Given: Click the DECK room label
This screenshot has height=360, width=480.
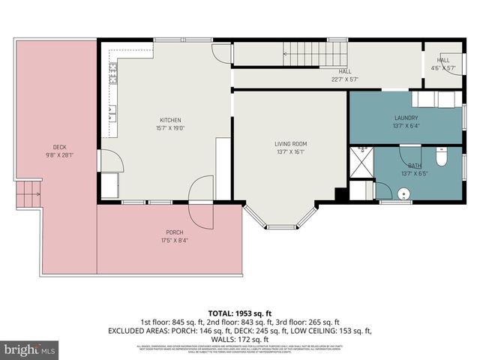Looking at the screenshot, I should click(x=59, y=151).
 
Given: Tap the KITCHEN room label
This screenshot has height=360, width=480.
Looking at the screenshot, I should click(x=170, y=124).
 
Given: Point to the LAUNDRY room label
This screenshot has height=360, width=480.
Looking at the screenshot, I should click(x=406, y=122).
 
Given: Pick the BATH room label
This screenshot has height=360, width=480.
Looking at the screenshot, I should click(x=415, y=169).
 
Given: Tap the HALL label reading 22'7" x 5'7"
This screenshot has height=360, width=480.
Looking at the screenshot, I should click(x=345, y=76).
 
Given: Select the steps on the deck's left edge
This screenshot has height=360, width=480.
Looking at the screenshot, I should click(x=28, y=196).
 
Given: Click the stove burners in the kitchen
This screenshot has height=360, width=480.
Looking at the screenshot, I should click(x=113, y=73).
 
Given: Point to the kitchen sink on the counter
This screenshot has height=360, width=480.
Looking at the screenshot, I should click(x=112, y=113).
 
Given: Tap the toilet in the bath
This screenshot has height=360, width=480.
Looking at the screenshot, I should click(x=442, y=158).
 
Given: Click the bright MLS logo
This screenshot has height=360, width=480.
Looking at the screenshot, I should click(x=29, y=349).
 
